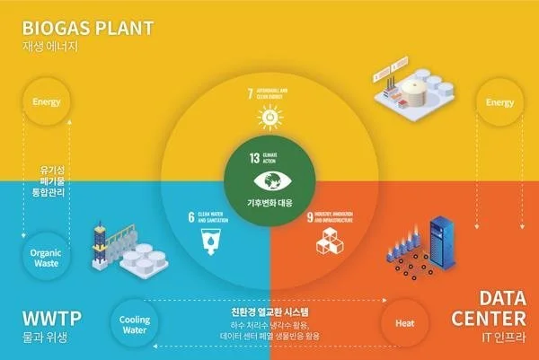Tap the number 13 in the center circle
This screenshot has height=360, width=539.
(256, 157)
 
